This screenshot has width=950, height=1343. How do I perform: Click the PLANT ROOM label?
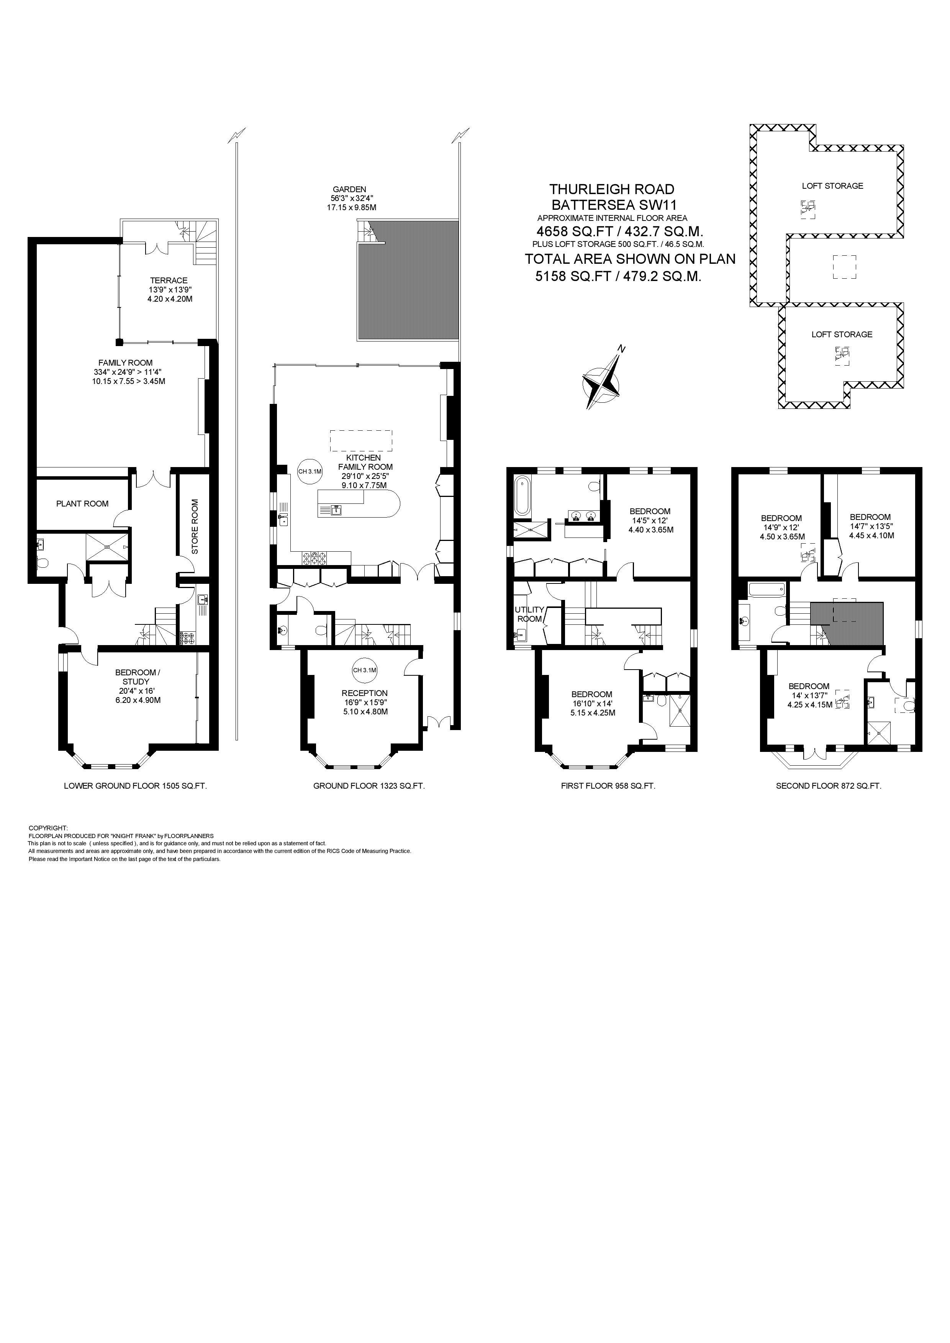82,504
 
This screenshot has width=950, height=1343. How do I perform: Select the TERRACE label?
169,280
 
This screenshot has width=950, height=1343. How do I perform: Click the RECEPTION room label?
365,693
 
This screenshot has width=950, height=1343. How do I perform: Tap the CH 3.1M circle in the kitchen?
310,471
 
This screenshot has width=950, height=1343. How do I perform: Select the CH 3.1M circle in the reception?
365,670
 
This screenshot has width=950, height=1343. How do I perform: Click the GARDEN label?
349,189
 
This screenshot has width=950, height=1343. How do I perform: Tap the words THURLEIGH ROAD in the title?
612,189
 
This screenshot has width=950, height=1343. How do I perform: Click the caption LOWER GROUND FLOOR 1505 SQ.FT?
135,786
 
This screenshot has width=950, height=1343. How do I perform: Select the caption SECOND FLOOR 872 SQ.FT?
828,786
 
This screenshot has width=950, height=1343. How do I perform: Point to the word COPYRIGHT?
48,828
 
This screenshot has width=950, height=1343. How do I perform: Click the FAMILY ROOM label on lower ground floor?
125,363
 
